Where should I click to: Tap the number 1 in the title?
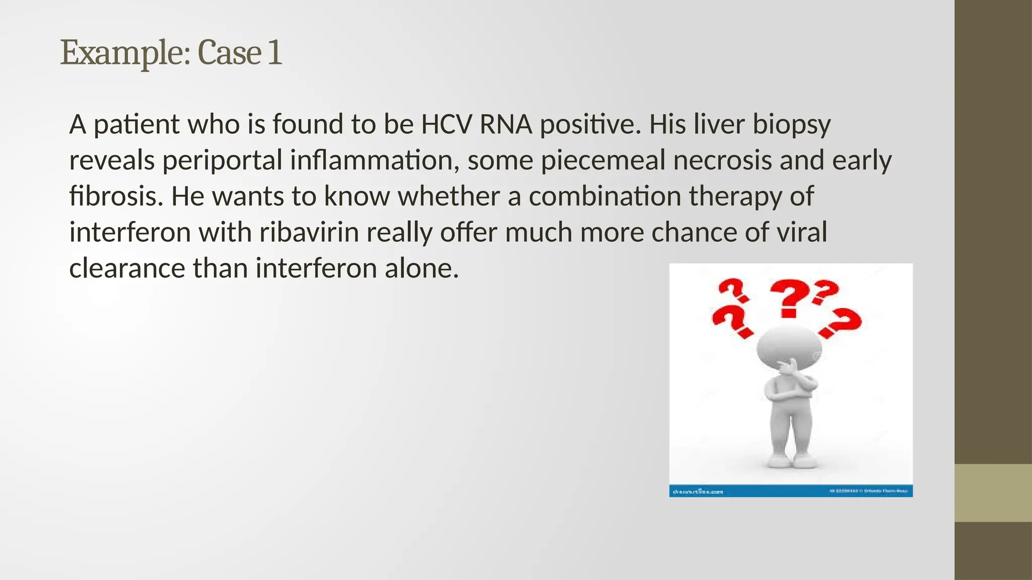275,52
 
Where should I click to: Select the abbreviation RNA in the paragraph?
505,124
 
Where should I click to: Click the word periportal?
222,161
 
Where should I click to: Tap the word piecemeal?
603,161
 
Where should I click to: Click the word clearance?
127,268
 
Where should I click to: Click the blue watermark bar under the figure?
790,490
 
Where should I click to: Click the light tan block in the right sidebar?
993,493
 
